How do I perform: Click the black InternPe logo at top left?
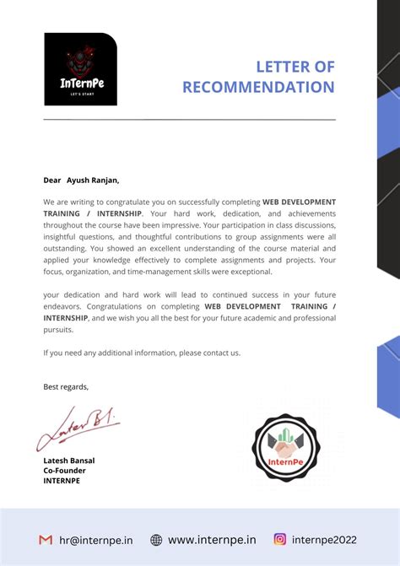[x=80, y=69]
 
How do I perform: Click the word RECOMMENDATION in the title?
[x=258, y=87]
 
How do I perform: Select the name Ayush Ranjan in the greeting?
[x=93, y=180]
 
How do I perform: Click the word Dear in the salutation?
[x=52, y=180]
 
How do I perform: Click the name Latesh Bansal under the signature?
[x=69, y=461]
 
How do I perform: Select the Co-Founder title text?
[x=64, y=471]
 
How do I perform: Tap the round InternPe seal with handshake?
[x=286, y=449]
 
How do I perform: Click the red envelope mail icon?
[x=46, y=540]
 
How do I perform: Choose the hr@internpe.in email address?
[x=96, y=540]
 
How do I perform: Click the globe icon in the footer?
[x=156, y=540]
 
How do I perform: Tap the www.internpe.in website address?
[x=212, y=540]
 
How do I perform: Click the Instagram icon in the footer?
[x=280, y=540]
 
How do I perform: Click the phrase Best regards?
[x=66, y=386]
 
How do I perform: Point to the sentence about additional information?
[x=142, y=353]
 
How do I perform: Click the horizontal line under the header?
[x=189, y=120]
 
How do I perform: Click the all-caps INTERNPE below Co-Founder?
[x=62, y=481]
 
